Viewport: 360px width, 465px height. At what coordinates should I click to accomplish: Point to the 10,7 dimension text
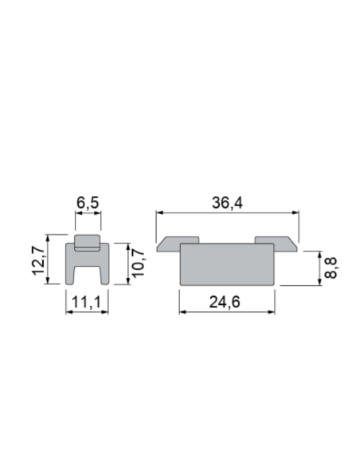pyautogui.click(x=138, y=264)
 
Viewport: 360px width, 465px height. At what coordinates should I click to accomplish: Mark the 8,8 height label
pyautogui.click(x=331, y=268)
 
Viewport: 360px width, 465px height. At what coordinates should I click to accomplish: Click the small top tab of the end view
pyautogui.click(x=88, y=240)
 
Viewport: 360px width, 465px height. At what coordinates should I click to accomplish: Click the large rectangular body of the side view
pyautogui.click(x=227, y=264)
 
